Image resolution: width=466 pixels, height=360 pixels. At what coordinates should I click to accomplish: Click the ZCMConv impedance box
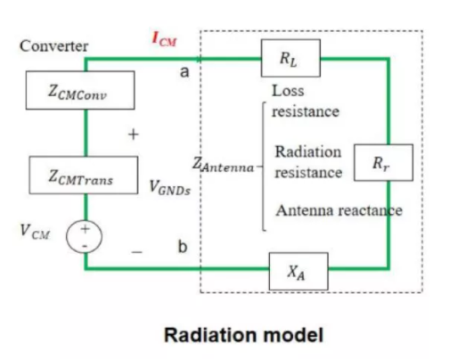(80, 90)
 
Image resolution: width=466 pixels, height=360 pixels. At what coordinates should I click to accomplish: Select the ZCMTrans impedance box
(84, 175)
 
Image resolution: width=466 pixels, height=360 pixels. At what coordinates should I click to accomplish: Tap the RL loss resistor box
(290, 58)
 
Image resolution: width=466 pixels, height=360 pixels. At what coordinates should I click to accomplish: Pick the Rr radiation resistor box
(383, 162)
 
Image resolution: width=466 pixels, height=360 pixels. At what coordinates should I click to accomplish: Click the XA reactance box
(298, 271)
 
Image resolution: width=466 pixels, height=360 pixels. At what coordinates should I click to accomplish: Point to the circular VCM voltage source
(84, 237)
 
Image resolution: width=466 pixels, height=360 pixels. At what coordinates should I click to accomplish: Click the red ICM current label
(164, 39)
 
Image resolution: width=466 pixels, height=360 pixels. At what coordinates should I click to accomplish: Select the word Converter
(53, 46)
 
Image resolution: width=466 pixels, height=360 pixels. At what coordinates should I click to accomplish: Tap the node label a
(184, 71)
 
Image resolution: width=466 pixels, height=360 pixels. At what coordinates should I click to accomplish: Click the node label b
(183, 247)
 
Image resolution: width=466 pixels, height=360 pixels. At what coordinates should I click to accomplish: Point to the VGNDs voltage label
(169, 188)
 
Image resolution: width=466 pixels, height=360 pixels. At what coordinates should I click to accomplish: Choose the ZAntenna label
(223, 165)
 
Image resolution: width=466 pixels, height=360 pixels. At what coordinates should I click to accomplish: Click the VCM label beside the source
(35, 232)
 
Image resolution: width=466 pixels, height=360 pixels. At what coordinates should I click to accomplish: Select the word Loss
(288, 91)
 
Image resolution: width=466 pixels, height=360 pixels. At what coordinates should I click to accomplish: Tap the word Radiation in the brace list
(308, 151)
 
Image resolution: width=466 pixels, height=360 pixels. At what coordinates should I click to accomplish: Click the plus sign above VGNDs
(134, 135)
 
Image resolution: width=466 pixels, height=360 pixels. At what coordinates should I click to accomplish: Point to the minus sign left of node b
(136, 252)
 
